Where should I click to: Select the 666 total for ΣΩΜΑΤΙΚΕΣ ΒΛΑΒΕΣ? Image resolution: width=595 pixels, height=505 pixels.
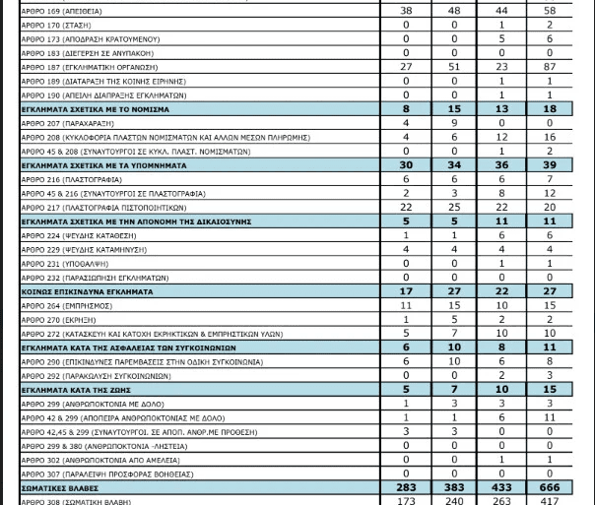coord(551,487)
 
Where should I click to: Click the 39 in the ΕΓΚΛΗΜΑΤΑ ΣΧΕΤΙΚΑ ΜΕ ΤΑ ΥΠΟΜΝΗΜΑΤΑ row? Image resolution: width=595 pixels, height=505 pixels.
coord(551,165)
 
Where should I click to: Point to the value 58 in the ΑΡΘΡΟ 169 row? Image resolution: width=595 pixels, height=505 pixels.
coord(551,11)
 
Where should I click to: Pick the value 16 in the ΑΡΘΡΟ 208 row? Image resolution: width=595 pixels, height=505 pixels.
coord(551,137)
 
